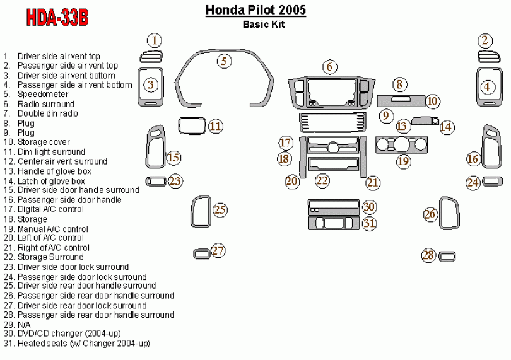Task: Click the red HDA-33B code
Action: click(x=57, y=17)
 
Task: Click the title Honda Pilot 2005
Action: click(x=255, y=10)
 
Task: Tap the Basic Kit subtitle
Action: click(x=264, y=25)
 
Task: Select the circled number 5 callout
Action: click(x=224, y=61)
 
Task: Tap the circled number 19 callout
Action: click(x=403, y=161)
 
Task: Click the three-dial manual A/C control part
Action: click(x=401, y=146)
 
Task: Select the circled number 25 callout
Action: click(x=220, y=209)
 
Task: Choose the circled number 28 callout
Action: click(x=428, y=255)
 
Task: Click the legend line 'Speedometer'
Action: click(x=43, y=95)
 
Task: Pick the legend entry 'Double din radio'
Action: click(x=48, y=113)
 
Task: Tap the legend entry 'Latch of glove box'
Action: click(x=51, y=181)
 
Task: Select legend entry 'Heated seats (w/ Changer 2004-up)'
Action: click(x=83, y=344)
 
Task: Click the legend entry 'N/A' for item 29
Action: click(x=24, y=324)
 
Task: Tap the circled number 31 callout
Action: click(x=369, y=223)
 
